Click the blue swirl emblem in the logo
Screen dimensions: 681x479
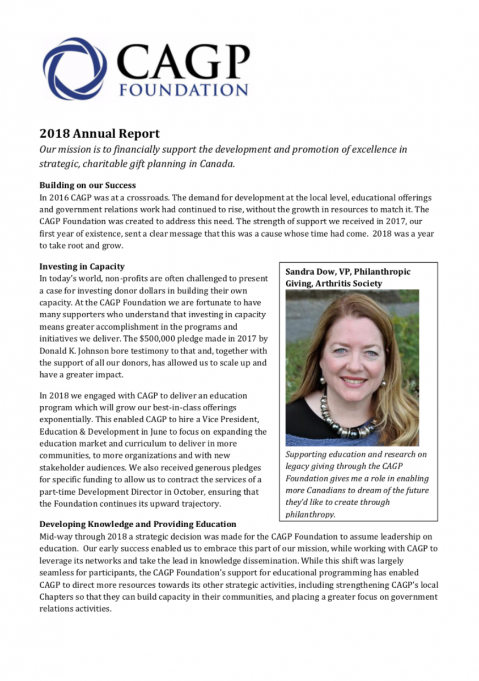pyautogui.click(x=75, y=69)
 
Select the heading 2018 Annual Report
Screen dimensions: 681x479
pyautogui.click(x=99, y=134)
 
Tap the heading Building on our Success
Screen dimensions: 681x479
pyautogui.click(x=87, y=185)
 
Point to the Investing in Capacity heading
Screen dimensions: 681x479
pyautogui.click(x=82, y=267)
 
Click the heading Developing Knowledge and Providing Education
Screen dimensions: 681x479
pyautogui.click(x=138, y=524)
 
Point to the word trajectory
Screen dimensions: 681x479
pyautogui.click(x=201, y=503)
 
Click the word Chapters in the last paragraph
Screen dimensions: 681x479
pyautogui.click(x=57, y=597)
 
